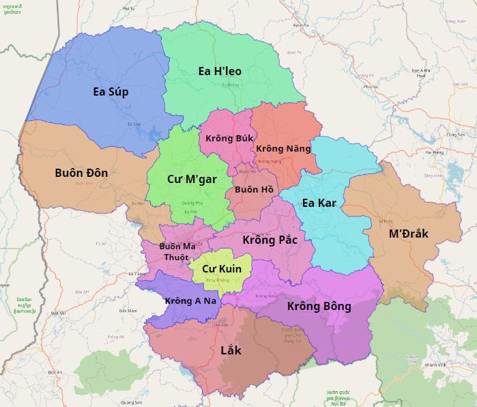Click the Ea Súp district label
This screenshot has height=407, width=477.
[111, 92]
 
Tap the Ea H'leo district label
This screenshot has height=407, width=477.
[220, 71]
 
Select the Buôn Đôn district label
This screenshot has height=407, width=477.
[81, 173]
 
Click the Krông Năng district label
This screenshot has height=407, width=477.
[283, 148]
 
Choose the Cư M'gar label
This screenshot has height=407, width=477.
[192, 179]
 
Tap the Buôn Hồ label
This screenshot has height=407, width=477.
[254, 189]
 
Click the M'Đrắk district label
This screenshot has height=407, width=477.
[408, 234]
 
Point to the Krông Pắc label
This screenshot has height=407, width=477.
[269, 240]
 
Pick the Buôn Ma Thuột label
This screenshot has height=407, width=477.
[177, 251]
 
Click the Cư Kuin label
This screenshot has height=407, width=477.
[221, 269]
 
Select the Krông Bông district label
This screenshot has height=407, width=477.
[319, 306]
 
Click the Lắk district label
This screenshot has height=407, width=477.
[231, 351]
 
